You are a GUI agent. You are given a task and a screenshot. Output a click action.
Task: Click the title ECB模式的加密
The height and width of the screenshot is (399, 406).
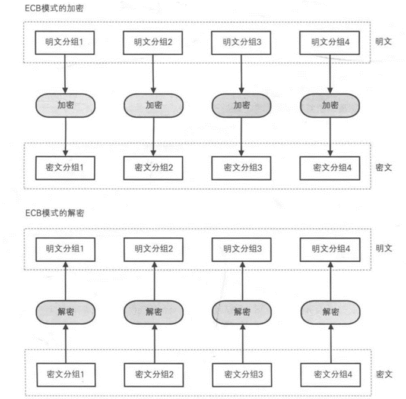tap(54, 8)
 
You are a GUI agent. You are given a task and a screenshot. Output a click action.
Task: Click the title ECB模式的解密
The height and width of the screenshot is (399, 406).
tap(55, 213)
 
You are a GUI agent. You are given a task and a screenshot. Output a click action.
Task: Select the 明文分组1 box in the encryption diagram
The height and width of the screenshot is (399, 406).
tap(65, 43)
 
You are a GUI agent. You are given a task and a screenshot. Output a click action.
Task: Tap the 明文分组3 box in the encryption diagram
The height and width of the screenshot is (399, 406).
tap(241, 43)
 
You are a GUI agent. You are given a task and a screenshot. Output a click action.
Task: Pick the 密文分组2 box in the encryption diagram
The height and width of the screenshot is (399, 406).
tap(153, 168)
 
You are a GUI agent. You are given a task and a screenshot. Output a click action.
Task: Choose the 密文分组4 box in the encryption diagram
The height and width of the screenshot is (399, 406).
tap(330, 168)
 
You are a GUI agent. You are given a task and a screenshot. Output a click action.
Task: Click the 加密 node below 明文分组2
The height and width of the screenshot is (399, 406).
tap(154, 105)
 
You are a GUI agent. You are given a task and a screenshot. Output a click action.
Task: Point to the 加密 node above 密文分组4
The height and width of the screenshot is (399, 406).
tap(330, 105)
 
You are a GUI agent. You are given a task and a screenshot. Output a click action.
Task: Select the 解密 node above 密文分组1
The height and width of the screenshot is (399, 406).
tap(65, 312)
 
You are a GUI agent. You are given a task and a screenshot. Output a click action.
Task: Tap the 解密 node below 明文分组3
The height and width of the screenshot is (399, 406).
tap(242, 312)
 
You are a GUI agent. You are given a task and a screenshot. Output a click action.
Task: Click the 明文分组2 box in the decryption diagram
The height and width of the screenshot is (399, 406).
tap(154, 249)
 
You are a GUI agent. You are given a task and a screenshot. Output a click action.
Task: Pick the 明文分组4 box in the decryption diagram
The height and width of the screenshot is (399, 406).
tap(330, 249)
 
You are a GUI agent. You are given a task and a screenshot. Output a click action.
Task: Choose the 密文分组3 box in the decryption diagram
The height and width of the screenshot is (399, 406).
tap(242, 375)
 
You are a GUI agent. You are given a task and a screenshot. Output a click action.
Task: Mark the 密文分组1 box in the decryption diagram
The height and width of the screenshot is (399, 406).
tap(66, 375)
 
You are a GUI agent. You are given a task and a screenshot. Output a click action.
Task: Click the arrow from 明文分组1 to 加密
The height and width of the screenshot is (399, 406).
tap(65, 74)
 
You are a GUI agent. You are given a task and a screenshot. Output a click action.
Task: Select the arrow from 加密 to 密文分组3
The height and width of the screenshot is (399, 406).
tap(242, 137)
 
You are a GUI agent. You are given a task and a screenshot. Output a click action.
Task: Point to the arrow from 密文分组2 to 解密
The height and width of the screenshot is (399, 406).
tap(154, 344)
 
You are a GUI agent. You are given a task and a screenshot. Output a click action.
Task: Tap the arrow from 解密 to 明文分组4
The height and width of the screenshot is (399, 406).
tap(331, 281)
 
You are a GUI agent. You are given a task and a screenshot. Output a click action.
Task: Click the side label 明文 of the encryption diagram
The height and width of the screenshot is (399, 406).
tap(383, 42)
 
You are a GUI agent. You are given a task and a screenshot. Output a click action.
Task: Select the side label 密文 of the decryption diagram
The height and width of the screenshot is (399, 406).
tap(384, 375)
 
